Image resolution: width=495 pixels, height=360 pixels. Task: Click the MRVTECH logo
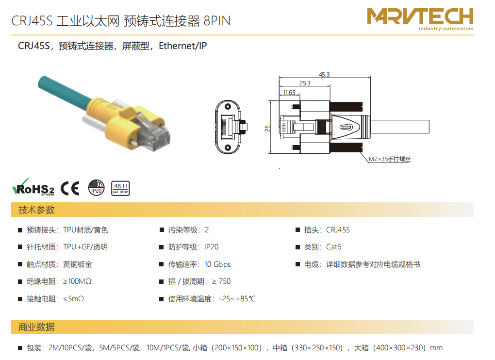coord(420,19)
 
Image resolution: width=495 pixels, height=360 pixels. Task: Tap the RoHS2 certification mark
coord(33,187)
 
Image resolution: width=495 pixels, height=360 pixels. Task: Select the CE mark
coord(70,188)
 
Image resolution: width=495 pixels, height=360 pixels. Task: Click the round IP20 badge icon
coord(96,188)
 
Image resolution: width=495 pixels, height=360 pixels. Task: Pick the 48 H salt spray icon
coord(120,188)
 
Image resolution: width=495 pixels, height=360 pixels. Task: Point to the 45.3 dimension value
coord(324,74)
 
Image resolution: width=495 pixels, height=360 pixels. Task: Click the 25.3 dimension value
coord(305,83)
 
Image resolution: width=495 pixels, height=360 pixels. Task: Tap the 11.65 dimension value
coord(289,93)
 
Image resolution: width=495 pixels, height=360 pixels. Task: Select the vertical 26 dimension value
coord(267,129)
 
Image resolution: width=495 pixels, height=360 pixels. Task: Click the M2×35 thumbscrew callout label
coord(390,159)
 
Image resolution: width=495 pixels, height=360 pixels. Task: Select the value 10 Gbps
coord(217,264)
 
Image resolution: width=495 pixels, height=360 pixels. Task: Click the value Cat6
coord(334,247)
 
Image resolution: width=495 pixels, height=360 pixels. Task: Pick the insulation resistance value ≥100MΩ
coord(77,281)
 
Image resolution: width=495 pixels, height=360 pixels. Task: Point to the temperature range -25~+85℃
coord(237,299)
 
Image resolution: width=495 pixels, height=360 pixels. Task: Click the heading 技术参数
coord(36,210)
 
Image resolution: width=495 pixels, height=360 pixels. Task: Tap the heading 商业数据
coord(36,327)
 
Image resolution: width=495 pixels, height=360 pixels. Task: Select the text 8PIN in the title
coord(217,21)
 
